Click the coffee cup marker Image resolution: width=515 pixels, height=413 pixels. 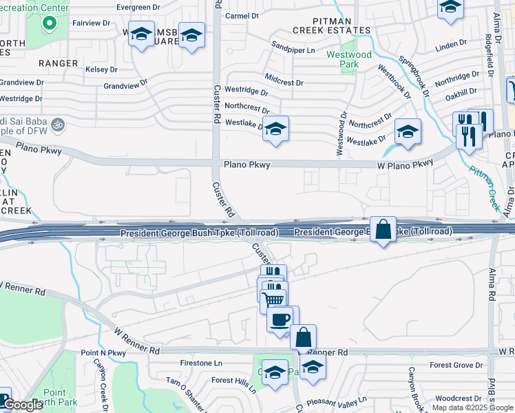point(282,319)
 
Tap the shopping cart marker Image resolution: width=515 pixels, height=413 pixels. point(273,299)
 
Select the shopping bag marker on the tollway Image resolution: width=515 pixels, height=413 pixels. point(383,229)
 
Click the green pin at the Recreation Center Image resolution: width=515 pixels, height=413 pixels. point(49,24)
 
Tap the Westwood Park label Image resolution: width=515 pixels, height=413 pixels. point(358,59)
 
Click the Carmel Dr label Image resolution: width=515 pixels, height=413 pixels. point(242,15)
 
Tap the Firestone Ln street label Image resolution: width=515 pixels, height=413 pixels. point(200,363)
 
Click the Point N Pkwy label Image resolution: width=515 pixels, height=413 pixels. point(103,352)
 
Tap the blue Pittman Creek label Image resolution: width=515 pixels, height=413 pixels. point(485,189)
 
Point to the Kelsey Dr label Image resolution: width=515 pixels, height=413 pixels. point(103,70)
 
